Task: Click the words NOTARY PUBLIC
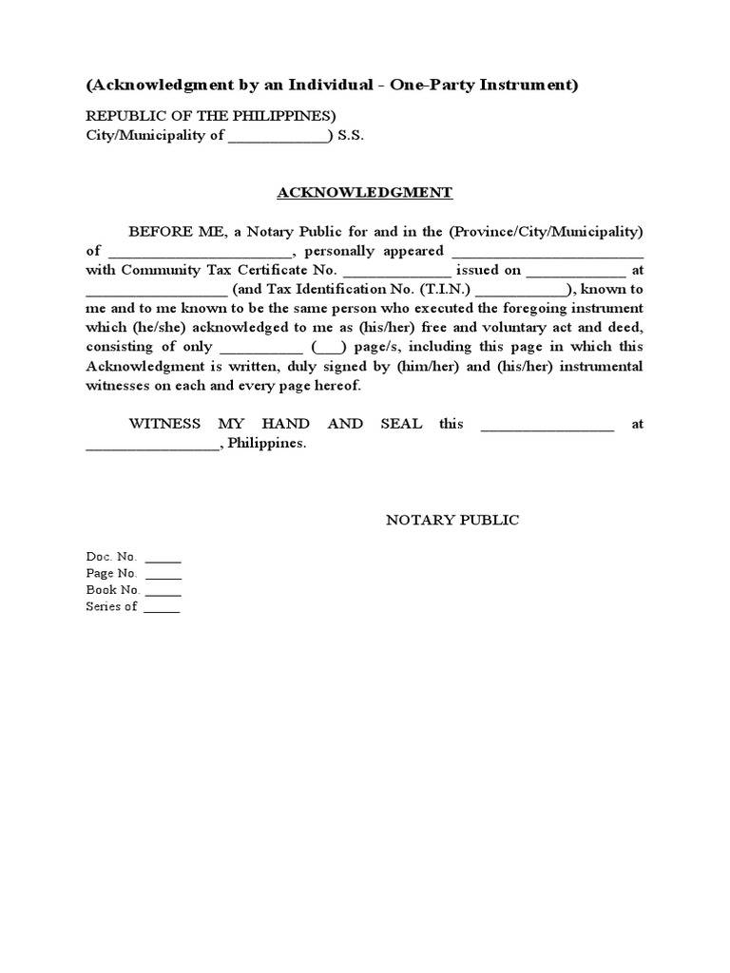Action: (451, 520)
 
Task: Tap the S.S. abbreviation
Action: (351, 135)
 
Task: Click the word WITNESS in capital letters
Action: (164, 424)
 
